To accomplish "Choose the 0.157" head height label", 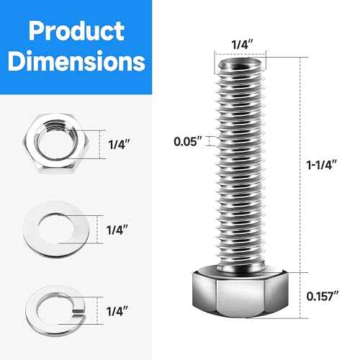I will (x=322, y=295).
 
